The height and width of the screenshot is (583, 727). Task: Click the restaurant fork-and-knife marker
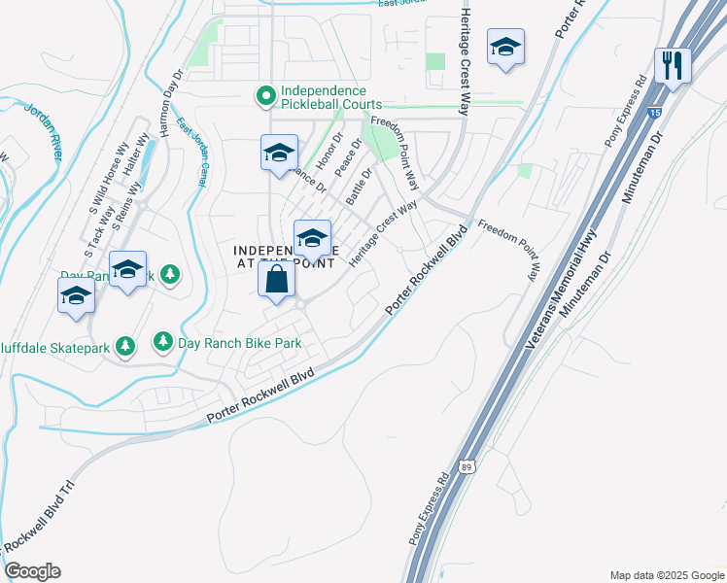pyautogui.click(x=672, y=66)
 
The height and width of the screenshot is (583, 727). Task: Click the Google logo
pyautogui.click(x=32, y=571)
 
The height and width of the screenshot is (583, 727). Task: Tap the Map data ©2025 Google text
pyautogui.click(x=665, y=575)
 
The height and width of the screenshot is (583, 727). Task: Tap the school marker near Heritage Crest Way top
pyautogui.click(x=505, y=48)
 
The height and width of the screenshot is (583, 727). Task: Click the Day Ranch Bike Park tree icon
pyautogui.click(x=162, y=342)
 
